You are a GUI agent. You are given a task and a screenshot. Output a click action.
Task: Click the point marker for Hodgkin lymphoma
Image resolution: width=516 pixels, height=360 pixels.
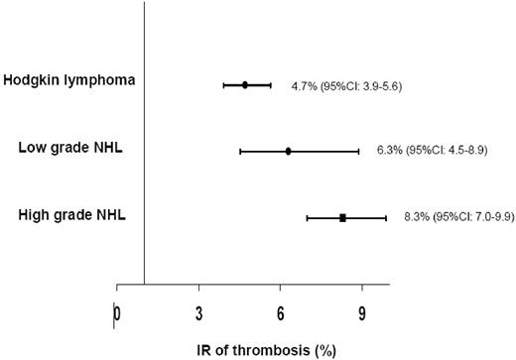click(x=245, y=85)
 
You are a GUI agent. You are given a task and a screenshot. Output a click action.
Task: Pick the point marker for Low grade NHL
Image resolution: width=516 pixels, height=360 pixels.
click(x=289, y=152)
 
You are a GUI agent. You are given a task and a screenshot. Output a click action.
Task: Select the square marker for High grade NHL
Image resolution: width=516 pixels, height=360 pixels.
click(x=342, y=217)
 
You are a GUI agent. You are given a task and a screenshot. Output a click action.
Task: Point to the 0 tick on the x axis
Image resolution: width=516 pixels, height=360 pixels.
click(x=117, y=316)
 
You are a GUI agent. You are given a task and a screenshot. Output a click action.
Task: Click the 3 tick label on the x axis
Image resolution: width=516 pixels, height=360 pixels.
click(x=199, y=316)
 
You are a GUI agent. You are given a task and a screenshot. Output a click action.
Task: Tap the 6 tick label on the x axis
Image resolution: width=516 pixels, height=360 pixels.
click(x=281, y=316)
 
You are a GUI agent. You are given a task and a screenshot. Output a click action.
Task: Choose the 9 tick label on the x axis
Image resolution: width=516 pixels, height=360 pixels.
click(x=362, y=316)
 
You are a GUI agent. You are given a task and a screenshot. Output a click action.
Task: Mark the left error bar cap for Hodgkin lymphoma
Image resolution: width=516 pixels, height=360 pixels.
click(x=224, y=85)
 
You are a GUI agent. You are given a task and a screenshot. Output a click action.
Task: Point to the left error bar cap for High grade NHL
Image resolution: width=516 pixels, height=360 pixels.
click(x=308, y=217)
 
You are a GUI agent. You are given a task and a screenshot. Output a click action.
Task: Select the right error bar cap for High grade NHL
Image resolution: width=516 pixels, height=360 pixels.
click(x=386, y=217)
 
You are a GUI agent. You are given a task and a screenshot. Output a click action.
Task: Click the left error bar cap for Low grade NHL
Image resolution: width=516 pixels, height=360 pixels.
click(x=240, y=152)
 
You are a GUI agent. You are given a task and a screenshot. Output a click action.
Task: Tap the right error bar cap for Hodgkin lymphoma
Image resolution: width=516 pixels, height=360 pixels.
click(x=270, y=85)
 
